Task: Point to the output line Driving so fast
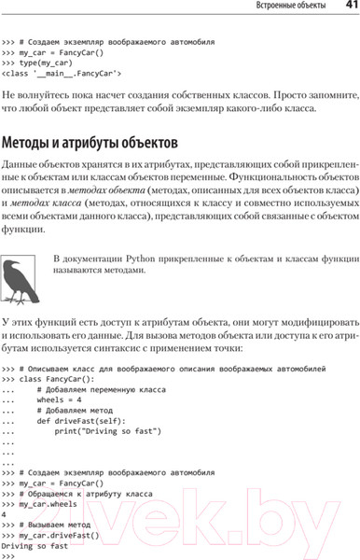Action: click(35, 545)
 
